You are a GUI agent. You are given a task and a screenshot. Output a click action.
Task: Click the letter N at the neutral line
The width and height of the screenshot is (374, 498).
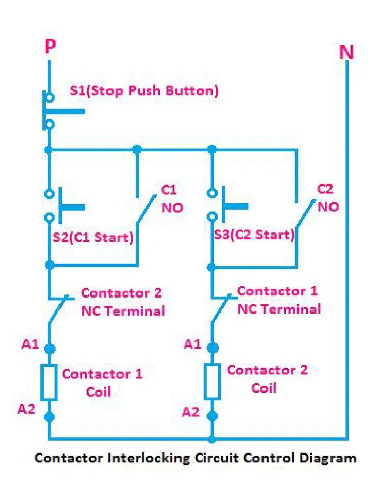[346, 53]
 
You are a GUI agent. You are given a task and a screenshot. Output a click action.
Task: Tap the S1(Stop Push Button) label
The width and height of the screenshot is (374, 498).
[144, 90]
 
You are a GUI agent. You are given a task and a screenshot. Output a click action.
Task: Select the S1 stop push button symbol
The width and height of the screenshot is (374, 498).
[54, 111]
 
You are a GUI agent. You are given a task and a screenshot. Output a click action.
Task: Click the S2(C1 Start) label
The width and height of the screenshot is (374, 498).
[93, 238]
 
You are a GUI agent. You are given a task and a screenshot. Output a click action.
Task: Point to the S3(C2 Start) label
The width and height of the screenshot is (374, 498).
[255, 235]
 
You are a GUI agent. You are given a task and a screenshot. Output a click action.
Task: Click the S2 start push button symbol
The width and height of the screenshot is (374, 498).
[58, 206]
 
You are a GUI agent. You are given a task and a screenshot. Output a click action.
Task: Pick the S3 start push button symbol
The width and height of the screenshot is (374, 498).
[222, 204]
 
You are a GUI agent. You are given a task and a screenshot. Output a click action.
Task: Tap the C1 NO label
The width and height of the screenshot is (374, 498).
[172, 199]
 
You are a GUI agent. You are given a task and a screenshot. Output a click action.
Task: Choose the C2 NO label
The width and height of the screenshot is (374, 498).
[328, 198]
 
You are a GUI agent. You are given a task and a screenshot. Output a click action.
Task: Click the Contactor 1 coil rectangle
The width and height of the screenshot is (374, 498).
[49, 383]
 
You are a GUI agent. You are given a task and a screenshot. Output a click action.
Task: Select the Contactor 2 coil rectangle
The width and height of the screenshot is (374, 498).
[212, 381]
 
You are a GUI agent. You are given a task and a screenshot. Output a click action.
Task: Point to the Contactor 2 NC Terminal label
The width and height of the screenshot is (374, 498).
[122, 302]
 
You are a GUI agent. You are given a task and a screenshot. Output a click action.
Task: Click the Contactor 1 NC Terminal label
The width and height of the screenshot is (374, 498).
[279, 300]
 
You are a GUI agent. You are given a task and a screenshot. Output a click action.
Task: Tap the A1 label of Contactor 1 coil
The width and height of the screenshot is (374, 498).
[30, 344]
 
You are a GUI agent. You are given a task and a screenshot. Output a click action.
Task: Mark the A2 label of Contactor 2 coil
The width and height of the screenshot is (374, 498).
[191, 412]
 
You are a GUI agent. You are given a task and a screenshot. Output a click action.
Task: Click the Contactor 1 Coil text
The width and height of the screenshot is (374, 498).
[102, 383]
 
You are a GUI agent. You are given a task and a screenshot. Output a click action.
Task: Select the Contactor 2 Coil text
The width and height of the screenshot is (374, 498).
[267, 379]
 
